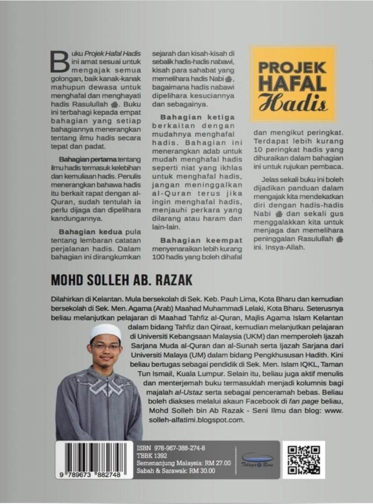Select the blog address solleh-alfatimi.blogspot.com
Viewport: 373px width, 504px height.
click(195, 420)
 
